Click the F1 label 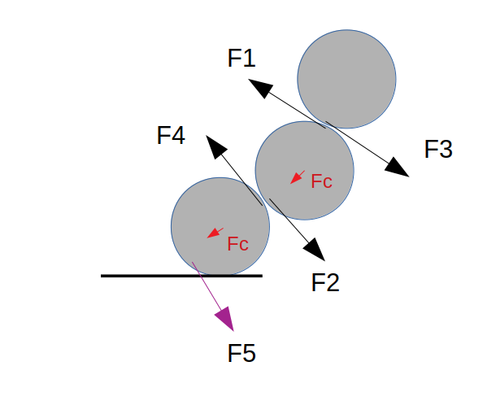[241, 58]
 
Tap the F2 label [325, 282]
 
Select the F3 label [438, 149]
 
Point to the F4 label [171, 135]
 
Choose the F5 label [241, 353]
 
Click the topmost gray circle [346, 79]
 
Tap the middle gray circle [304, 170]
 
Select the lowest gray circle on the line [220, 227]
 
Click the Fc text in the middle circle [322, 181]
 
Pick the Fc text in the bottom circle [237, 243]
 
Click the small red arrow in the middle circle [297, 176]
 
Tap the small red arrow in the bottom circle [215, 233]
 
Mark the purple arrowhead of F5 [225, 318]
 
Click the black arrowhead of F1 [258, 86]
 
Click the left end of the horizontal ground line [102, 276]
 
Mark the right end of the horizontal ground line [261, 276]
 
